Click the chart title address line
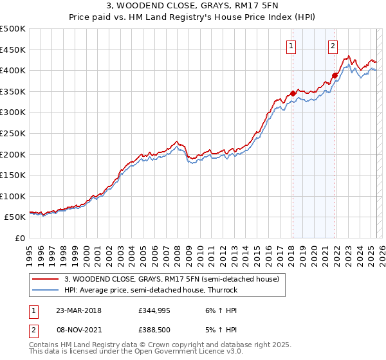coord(192,6)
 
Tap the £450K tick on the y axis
coord(13,50)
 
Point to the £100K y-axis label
coord(13,196)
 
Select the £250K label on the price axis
coord(13,133)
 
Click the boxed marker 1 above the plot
coord(291,46)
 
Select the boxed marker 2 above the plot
coord(333,46)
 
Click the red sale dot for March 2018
coord(292,93)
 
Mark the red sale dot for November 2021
coord(335,75)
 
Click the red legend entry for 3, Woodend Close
coord(171,279)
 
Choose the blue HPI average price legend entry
coord(151,290)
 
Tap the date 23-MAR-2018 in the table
coord(78,310)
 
